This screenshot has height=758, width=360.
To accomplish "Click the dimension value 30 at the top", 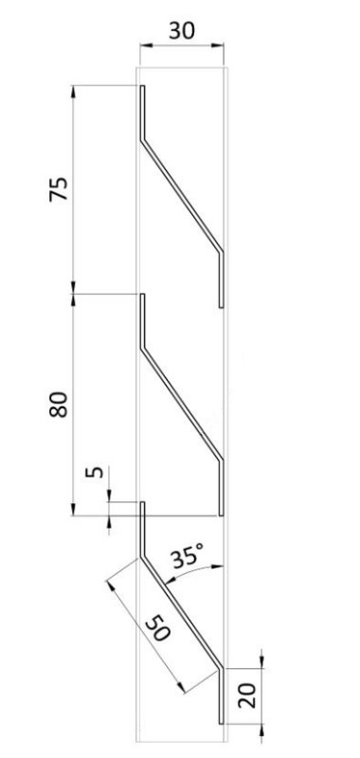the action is (182, 30).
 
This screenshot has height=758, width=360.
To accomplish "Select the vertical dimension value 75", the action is (59, 189).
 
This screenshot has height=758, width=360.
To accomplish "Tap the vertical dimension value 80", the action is (59, 405).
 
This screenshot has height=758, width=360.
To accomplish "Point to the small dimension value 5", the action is (98, 471).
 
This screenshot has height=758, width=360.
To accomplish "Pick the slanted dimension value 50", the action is (158, 627).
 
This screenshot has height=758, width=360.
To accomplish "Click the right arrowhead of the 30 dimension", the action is (218, 45).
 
